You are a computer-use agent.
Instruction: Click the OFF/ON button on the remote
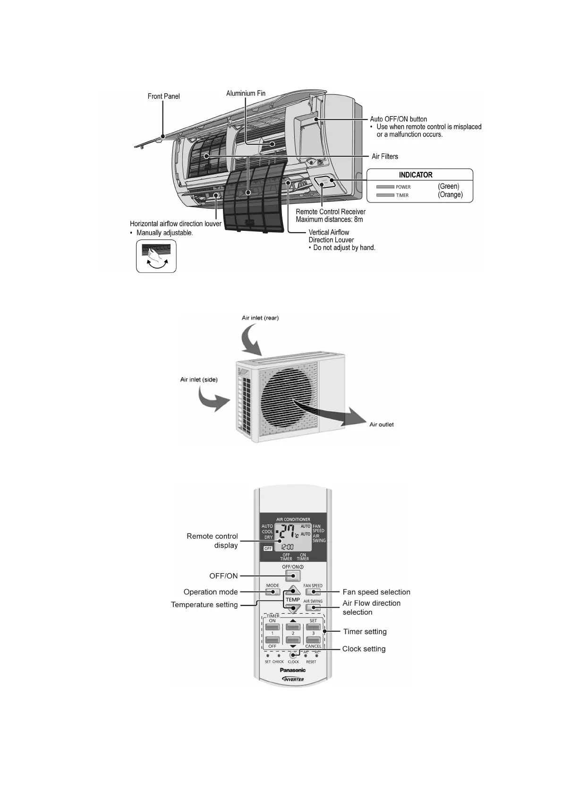[x=292, y=575]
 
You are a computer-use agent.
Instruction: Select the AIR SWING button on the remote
[x=313, y=608]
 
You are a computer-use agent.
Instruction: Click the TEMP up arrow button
[x=293, y=590]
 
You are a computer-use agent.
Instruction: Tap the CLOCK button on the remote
[x=293, y=655]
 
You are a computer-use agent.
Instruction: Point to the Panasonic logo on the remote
[x=293, y=670]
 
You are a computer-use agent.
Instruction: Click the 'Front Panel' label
[x=163, y=96]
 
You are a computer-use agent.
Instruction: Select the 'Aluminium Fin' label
[x=246, y=93]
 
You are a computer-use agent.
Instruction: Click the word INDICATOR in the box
[x=416, y=175]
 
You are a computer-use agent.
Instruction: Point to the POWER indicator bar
[x=385, y=187]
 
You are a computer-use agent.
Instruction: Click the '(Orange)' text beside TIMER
[x=450, y=195]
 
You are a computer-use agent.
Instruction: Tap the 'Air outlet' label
[x=381, y=424]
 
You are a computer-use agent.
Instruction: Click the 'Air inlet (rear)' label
[x=260, y=318]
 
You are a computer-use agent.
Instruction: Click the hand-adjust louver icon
[x=156, y=256]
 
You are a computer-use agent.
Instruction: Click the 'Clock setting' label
[x=364, y=649]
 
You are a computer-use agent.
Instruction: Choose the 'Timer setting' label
[x=365, y=632]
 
